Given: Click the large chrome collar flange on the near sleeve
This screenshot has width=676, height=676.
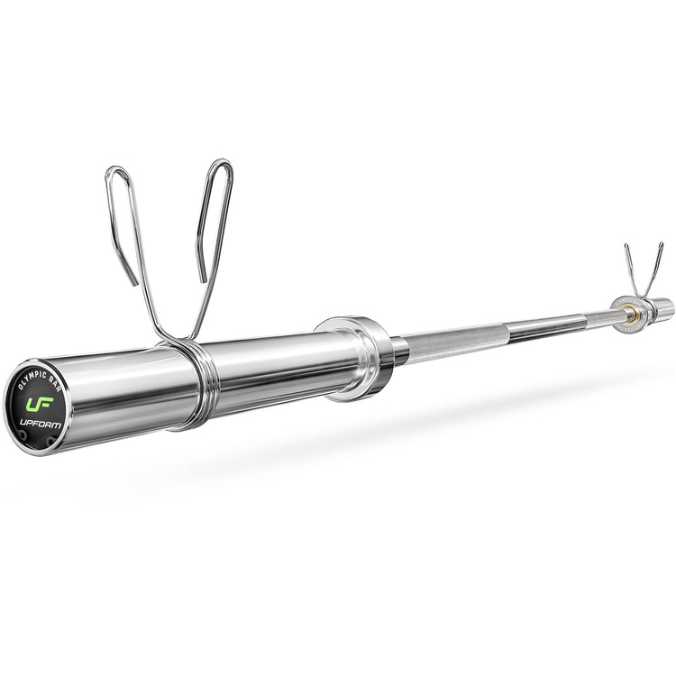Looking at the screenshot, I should pyautogui.click(x=359, y=356).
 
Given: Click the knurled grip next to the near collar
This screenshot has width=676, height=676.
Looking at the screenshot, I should pyautogui.click(x=442, y=343).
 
